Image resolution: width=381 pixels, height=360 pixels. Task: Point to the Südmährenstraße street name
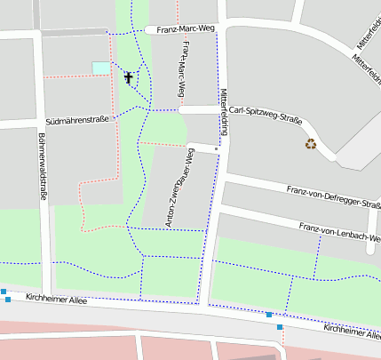(77, 120)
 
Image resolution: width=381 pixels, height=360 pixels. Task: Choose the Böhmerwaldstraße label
(42, 167)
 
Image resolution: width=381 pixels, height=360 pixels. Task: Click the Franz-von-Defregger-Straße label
(333, 196)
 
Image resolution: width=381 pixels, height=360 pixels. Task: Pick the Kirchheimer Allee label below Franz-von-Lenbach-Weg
(352, 330)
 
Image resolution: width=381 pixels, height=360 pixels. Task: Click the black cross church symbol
(129, 78)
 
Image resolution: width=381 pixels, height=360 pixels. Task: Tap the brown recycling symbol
(311, 143)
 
